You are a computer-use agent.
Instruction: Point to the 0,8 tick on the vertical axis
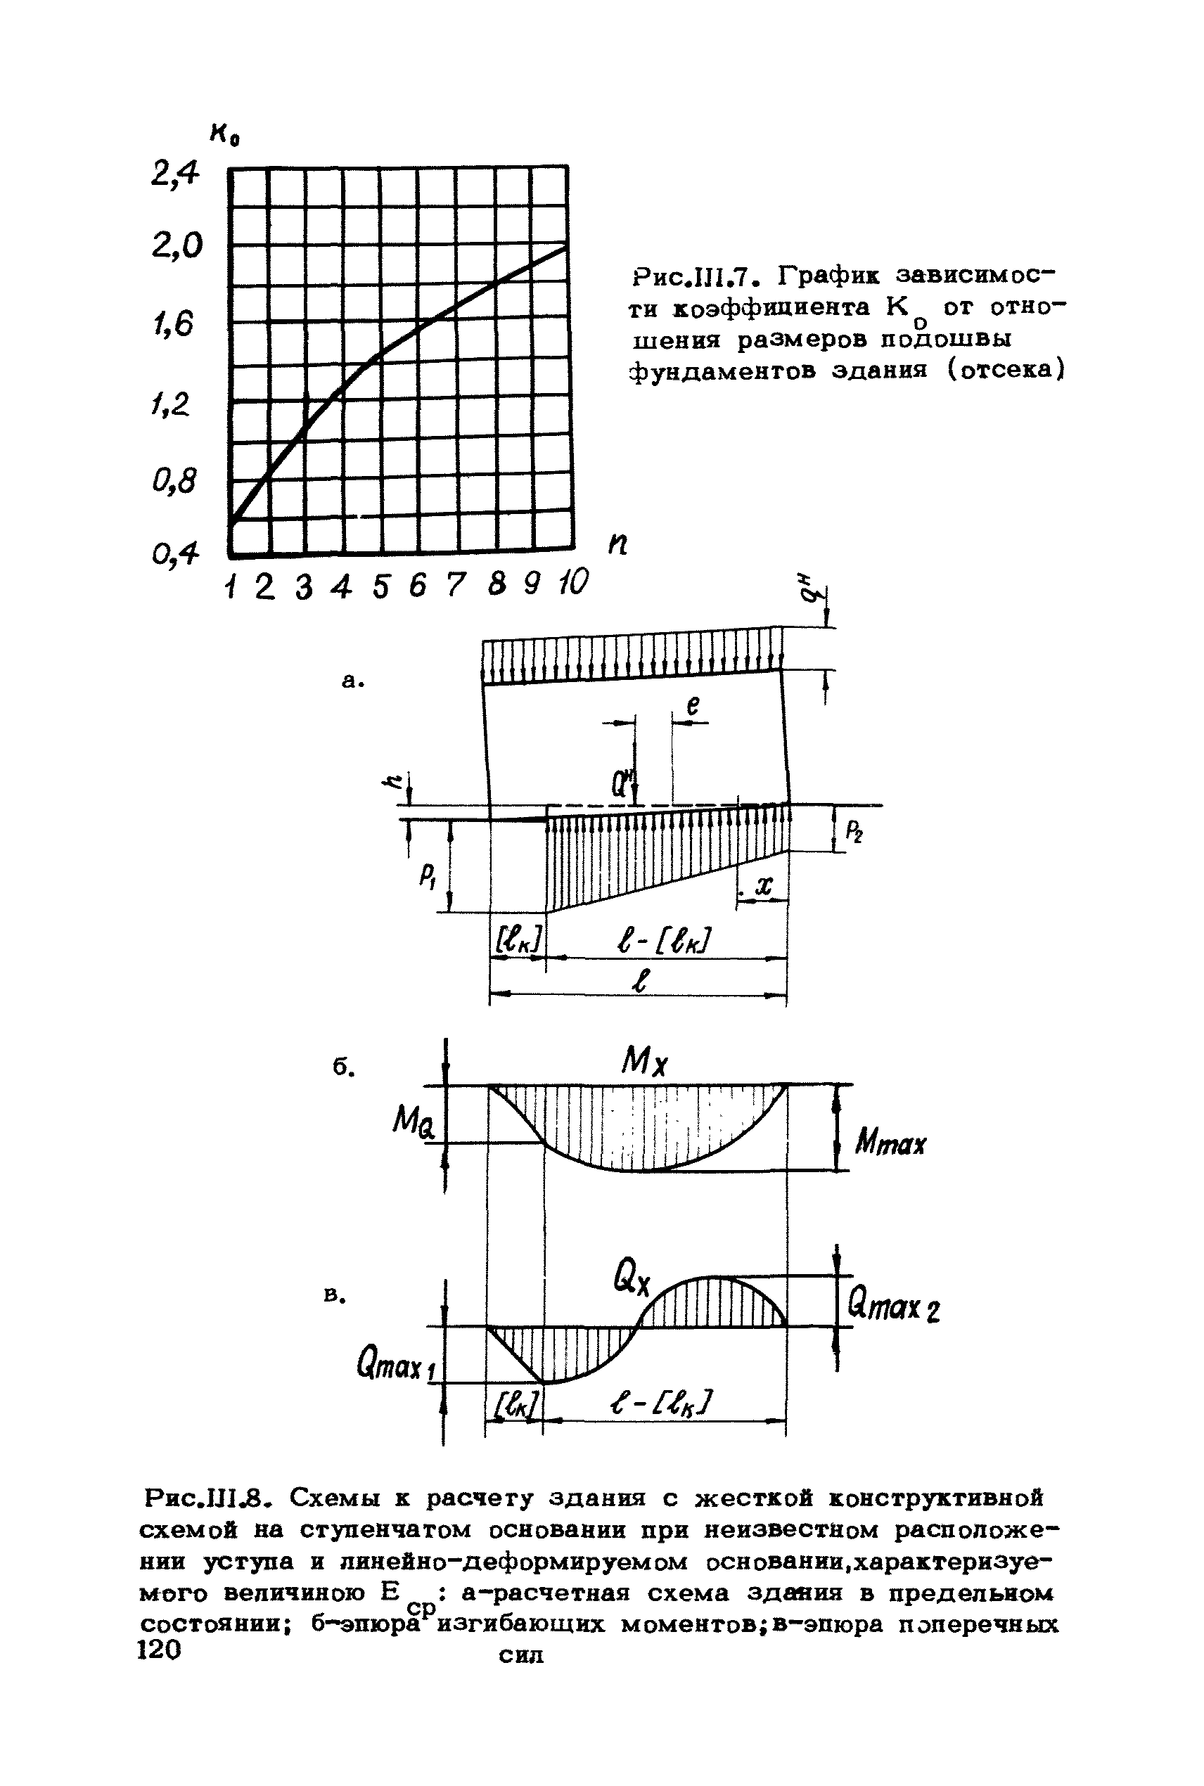(x=175, y=482)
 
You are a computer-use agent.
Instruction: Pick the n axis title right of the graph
(x=617, y=545)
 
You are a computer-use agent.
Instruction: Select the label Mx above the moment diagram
(x=645, y=1063)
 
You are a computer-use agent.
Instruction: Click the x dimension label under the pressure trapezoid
(x=762, y=886)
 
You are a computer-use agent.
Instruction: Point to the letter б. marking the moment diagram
(x=343, y=1067)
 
